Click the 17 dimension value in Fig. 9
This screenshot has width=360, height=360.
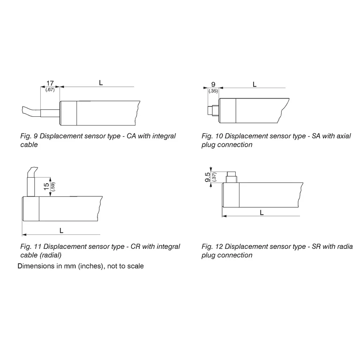[50, 83]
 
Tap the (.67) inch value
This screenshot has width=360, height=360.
[50, 90]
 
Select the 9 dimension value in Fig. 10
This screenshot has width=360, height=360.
[213, 84]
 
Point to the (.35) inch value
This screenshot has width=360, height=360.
[213, 91]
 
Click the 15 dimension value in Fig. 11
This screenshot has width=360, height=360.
[46, 187]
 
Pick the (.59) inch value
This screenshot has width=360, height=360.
[53, 187]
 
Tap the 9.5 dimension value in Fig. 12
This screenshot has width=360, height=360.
[208, 177]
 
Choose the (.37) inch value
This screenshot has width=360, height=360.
[214, 177]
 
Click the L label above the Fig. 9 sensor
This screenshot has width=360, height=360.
[101, 82]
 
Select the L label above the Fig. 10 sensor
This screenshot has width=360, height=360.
[255, 84]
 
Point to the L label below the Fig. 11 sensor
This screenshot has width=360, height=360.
[61, 231]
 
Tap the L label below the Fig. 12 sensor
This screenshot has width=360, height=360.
[262, 213]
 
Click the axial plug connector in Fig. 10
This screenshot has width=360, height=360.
[213, 111]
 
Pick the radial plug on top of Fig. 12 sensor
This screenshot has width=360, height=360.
[232, 177]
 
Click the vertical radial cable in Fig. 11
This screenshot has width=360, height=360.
[31, 187]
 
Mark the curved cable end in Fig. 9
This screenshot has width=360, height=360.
[31, 112]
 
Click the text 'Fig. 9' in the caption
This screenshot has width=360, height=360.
[29, 136]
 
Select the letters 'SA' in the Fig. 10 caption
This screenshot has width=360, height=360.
[316, 136]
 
